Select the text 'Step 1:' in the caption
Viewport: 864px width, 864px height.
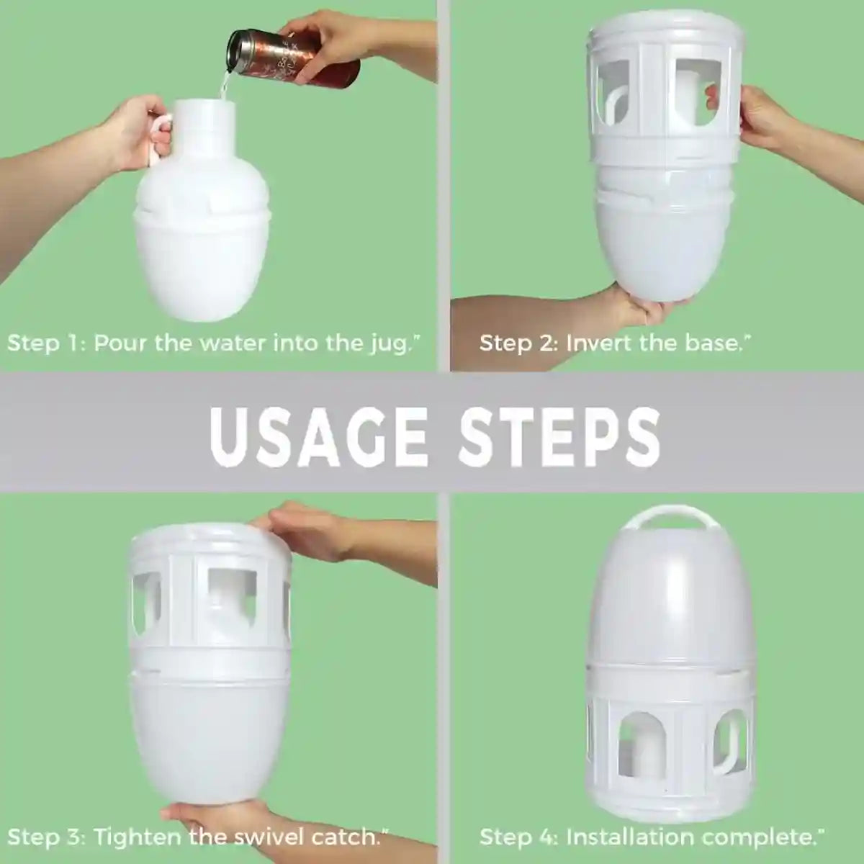click(x=45, y=343)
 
